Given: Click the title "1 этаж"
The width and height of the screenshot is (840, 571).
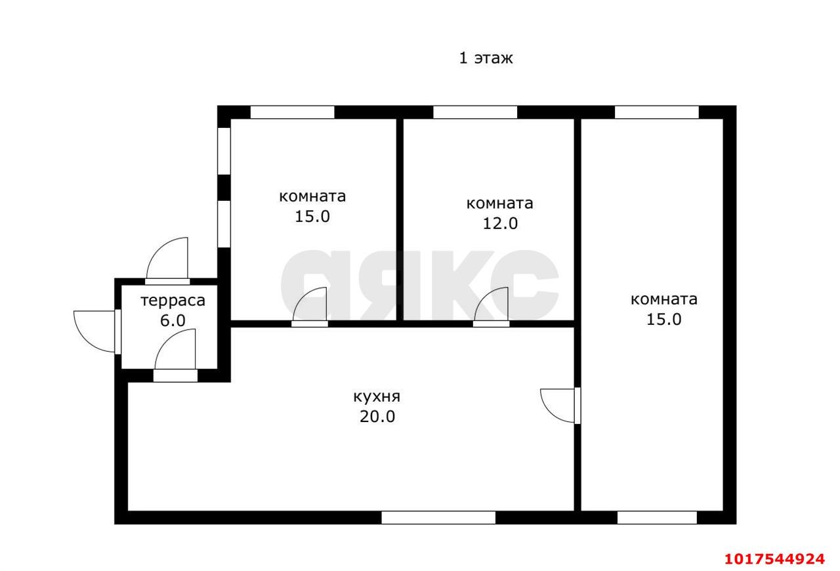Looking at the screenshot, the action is [486, 58].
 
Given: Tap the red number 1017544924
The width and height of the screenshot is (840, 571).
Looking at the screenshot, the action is [775, 559].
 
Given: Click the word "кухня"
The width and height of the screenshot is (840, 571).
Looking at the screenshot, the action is [377, 397].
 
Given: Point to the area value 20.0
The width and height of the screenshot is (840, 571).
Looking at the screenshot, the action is [377, 417].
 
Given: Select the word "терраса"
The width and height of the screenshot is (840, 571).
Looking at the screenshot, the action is [173, 301].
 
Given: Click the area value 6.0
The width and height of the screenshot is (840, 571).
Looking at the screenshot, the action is [173, 321].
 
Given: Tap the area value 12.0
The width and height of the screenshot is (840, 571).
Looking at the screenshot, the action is [500, 224].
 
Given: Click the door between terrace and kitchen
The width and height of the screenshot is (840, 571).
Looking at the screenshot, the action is [175, 356].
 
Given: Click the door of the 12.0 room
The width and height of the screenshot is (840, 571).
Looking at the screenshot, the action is [492, 307].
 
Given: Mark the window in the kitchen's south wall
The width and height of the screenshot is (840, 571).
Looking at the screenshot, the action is [438, 518].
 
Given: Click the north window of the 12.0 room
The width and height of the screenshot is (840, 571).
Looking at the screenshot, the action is [475, 112].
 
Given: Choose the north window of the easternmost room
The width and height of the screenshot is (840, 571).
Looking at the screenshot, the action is [657, 112].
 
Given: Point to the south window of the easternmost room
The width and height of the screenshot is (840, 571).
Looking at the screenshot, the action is [657, 518].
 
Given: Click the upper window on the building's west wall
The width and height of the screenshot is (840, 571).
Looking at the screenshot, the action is [224, 151].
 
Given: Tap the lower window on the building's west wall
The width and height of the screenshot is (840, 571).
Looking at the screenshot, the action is [224, 224].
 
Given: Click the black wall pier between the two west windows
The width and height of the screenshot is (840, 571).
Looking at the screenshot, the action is [224, 187].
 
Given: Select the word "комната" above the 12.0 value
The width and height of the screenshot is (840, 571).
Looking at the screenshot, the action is [499, 203].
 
